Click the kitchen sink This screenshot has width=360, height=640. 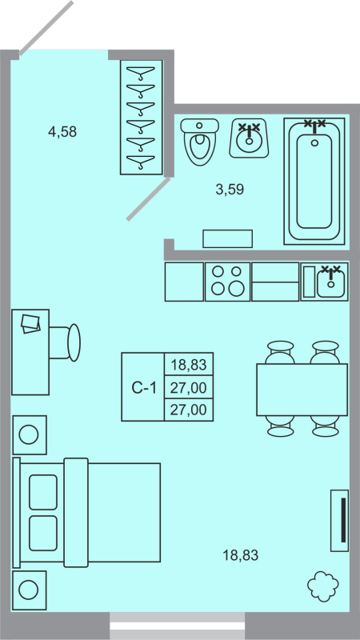coord(325,282)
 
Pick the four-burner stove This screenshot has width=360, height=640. coord(227,282)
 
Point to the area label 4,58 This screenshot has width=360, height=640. coord(62,132)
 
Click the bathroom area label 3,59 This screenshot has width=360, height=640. coord(230,190)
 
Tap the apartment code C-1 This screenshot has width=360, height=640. coord(142,388)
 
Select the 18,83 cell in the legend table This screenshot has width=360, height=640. coord(189,365)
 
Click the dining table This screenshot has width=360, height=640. coord(302,390)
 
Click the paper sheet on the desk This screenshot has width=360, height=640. coord(31,323)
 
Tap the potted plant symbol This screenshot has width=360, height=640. coord(324,586)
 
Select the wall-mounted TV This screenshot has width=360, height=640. coord(341,520)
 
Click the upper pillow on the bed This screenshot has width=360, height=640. coord(43,491)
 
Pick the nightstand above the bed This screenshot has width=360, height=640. coord(29,435)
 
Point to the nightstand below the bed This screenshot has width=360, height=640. coord(29,590)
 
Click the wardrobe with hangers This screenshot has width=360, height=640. coord(141,116)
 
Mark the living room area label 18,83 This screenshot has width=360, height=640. coord(241,554)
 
